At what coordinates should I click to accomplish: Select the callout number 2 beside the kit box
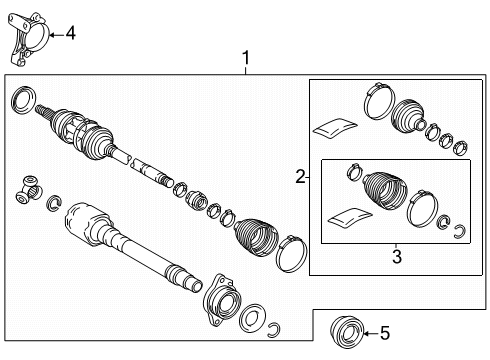(x=299, y=177)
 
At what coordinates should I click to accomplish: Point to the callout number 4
(x=70, y=34)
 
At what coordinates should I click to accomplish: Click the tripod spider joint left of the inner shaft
(x=30, y=188)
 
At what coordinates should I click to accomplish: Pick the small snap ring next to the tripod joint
(x=54, y=204)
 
